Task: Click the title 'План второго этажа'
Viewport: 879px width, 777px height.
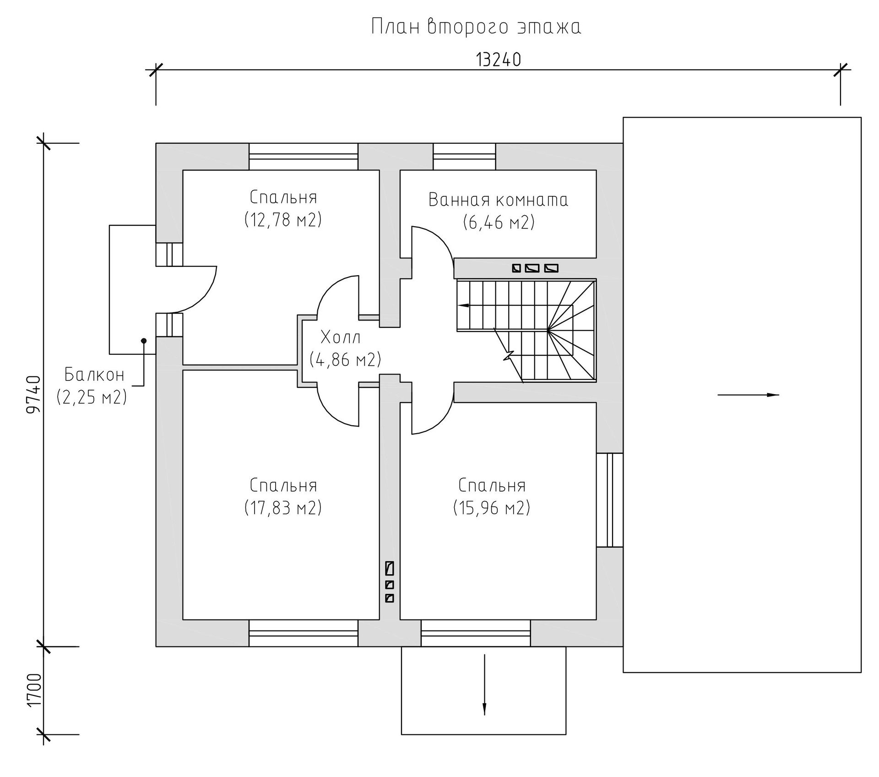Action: coord(476,27)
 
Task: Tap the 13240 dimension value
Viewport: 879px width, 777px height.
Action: coord(499,60)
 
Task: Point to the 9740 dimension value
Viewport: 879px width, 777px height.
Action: coord(34,394)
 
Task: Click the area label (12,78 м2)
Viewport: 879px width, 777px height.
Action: coord(283,220)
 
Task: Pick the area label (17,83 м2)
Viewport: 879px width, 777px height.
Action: coord(283,507)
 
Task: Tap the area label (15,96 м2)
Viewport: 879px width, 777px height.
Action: coord(492,507)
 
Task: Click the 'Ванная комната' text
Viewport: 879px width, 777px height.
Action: coord(499,200)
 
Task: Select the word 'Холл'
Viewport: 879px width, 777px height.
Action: coord(341,338)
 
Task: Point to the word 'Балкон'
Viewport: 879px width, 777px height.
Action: coord(94,375)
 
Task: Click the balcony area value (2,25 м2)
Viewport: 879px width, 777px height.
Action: coord(92,397)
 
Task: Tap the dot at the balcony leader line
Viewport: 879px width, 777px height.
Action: coord(144,341)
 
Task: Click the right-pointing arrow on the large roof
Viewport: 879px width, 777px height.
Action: coord(748,395)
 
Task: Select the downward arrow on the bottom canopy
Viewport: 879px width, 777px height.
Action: coord(484,685)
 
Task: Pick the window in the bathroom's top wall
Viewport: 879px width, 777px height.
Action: coord(465,156)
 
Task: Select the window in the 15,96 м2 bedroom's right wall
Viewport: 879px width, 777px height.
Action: coord(610,500)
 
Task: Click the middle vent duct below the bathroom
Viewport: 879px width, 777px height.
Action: coord(532,268)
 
